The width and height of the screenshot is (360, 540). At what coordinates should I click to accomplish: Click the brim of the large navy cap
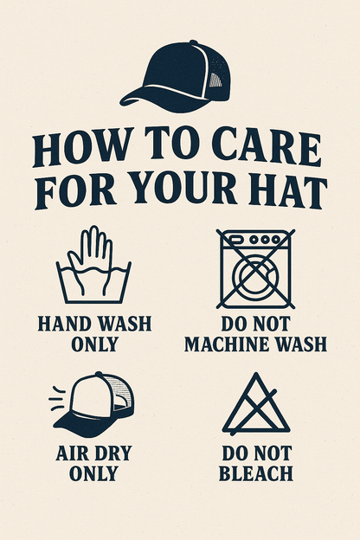click(162, 100)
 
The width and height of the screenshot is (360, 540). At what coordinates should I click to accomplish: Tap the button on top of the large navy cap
click(194, 42)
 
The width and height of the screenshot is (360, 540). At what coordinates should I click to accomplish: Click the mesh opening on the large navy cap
click(215, 80)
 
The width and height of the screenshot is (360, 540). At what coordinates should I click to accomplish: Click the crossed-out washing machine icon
click(255, 269)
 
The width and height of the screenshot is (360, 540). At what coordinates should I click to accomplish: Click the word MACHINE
click(227, 344)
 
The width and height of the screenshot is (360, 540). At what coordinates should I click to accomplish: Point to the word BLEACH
click(255, 473)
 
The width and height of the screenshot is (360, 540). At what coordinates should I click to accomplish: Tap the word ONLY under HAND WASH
click(94, 344)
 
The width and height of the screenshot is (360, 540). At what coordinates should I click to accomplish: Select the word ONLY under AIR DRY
click(93, 473)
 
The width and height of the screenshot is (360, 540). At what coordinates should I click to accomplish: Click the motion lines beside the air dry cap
click(57, 399)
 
